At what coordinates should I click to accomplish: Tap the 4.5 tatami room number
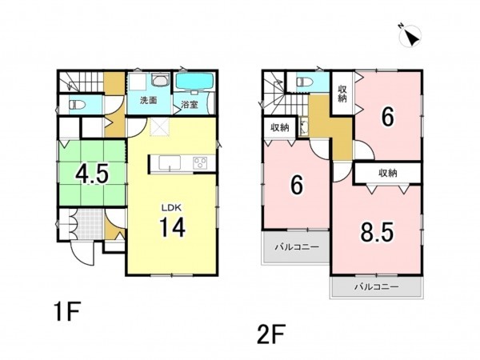coord(92,174)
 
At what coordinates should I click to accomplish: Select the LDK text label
coord(171,208)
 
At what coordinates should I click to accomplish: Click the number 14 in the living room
coord(172,227)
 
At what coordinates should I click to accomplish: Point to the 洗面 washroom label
coord(149,101)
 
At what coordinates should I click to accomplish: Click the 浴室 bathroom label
coord(190,105)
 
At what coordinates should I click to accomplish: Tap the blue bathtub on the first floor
coord(195,82)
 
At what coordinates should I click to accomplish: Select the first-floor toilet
coord(77,105)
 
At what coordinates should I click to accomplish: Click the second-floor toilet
coord(305,82)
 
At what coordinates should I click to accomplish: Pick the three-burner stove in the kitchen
coord(200,162)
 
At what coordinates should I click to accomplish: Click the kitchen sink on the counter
coord(170,162)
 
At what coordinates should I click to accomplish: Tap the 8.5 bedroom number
coord(377,232)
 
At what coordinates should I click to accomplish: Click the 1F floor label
coord(67,311)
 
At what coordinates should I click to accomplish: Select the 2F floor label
coord(271,334)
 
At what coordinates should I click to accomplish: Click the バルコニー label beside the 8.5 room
coord(377,287)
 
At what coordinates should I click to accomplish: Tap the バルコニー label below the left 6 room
coord(297,246)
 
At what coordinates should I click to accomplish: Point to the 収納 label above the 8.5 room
coord(388,174)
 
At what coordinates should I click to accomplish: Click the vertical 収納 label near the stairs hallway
coord(342,94)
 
